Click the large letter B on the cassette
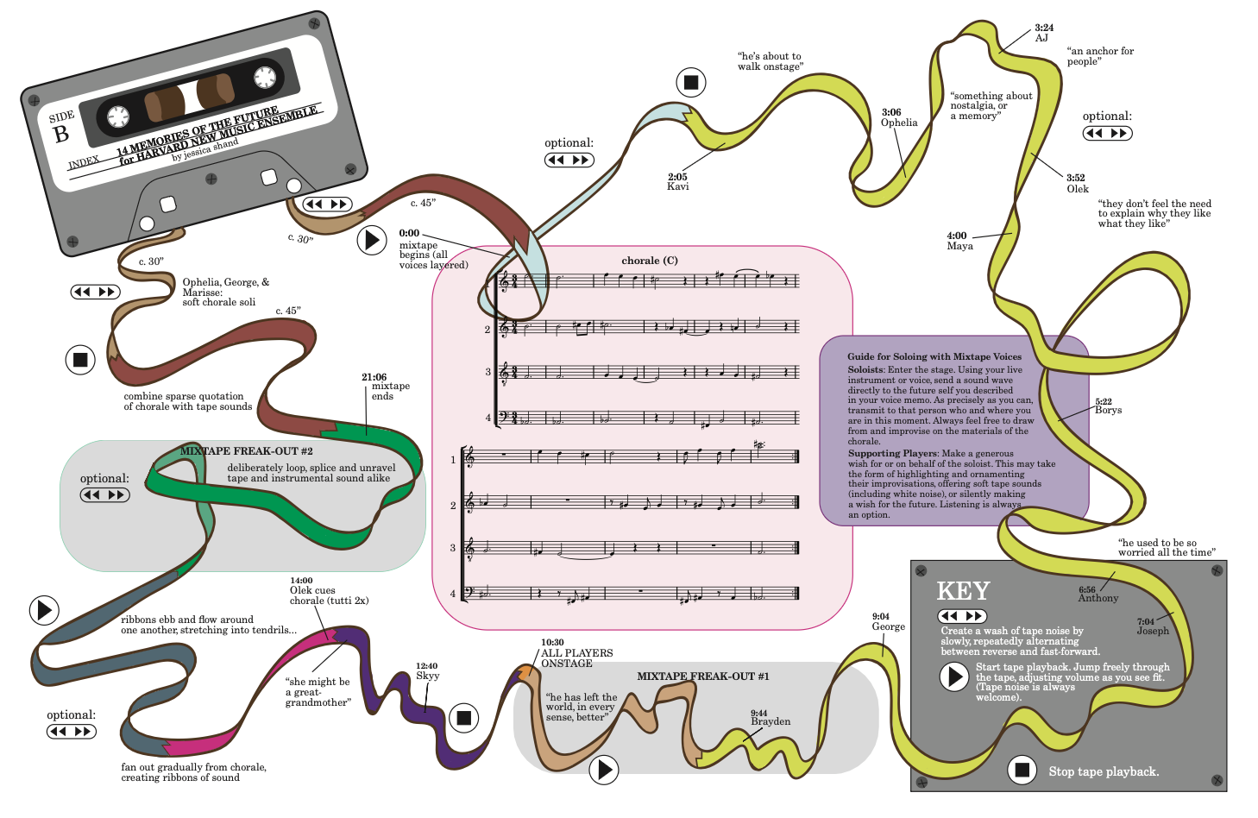coord(60,135)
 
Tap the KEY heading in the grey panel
coord(963,591)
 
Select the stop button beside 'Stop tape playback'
coord(1022,770)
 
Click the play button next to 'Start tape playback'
coord(954,677)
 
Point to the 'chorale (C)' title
coord(649,261)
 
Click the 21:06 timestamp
coord(374,377)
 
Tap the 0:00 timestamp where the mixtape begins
coord(410,233)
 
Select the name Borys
coord(1108,410)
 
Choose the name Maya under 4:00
coord(959,246)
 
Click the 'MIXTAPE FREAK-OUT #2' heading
coord(247,451)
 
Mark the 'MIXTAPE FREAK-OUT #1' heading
coord(702,676)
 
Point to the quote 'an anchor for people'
coord(1100,56)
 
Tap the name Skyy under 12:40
coord(427,676)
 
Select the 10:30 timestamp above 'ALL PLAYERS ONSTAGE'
coord(552,642)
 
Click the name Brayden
coord(771,721)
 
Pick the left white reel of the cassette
coord(118,116)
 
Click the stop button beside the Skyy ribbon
coord(464,718)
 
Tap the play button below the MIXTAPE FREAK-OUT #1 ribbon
coord(604,770)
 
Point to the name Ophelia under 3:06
coord(898,123)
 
